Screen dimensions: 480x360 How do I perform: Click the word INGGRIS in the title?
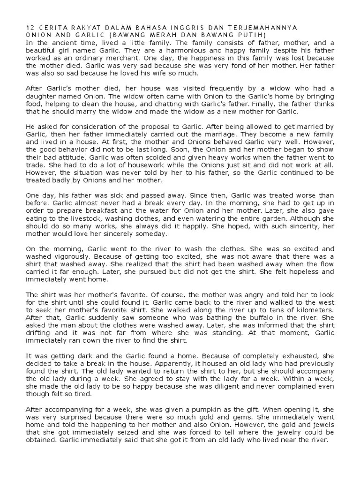[x=167, y=28]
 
